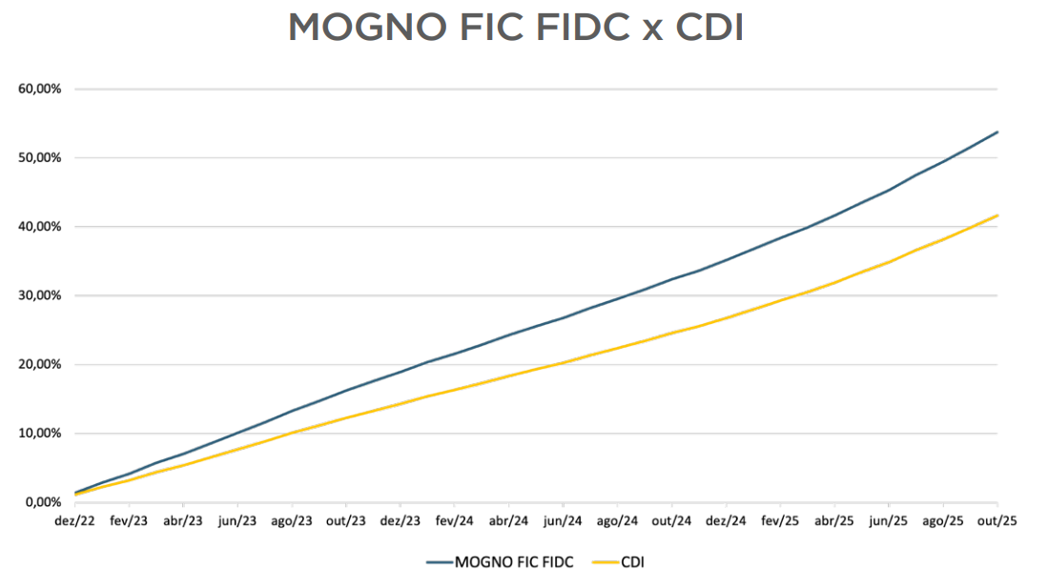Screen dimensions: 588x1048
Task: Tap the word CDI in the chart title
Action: click(x=709, y=28)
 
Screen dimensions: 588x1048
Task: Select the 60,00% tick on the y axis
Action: click(x=40, y=89)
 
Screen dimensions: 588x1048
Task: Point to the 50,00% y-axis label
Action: click(x=40, y=158)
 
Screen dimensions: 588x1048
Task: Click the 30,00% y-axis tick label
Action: click(x=40, y=295)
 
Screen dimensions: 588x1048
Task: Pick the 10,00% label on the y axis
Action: click(x=40, y=434)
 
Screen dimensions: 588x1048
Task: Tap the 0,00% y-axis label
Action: click(x=43, y=502)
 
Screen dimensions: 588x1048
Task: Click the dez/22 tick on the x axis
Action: click(x=74, y=521)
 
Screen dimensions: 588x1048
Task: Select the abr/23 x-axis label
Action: click(x=183, y=521)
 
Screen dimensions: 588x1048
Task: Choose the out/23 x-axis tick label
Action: click(x=346, y=521)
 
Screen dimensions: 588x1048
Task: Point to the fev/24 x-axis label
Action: click(x=455, y=521)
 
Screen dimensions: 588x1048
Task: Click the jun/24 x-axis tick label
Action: click(x=564, y=521)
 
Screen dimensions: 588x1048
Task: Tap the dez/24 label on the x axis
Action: click(x=727, y=521)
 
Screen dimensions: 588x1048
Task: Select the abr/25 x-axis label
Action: click(x=835, y=521)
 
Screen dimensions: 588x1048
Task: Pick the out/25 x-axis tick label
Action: click(x=997, y=521)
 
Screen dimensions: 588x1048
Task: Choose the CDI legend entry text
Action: click(x=633, y=562)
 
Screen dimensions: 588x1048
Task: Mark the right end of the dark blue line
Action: click(x=997, y=132)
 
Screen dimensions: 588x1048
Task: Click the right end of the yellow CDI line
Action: click(x=997, y=215)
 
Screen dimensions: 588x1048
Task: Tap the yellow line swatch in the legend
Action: click(x=605, y=562)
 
